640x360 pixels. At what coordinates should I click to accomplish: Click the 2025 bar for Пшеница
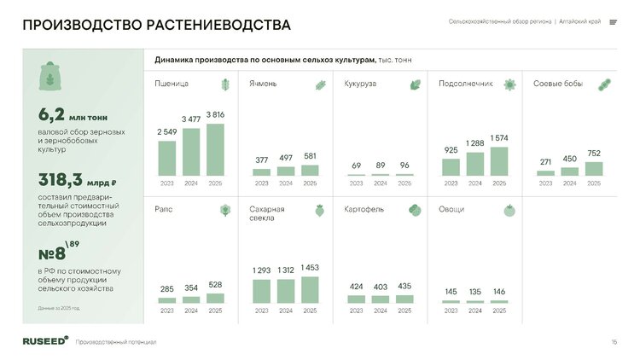coord(215,150)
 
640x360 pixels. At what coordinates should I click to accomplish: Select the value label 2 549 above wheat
coord(167,132)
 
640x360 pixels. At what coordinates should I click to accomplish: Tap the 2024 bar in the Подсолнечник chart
coord(475,164)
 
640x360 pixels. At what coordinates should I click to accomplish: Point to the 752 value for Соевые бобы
coord(594,153)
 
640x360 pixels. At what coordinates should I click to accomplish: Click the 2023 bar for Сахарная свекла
coord(262,292)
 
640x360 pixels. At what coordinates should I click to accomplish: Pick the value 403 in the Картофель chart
coord(381,287)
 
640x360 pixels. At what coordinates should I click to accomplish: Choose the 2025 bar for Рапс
coord(215,299)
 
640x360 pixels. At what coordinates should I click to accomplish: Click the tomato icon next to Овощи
coord(509,210)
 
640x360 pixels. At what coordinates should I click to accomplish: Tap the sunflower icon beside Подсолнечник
coord(509,84)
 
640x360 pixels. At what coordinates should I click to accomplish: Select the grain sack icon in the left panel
coord(50,76)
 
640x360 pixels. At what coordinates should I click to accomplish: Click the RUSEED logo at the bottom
coord(46,341)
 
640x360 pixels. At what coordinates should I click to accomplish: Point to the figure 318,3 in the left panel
coord(61,180)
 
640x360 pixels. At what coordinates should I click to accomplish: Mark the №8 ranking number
coord(52,254)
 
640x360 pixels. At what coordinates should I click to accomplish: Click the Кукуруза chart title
coord(360,84)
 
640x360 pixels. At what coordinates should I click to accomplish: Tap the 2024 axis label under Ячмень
coord(286,183)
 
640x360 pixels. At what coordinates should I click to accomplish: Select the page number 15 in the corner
coord(614,342)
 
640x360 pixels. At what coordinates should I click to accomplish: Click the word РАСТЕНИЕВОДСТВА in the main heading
coord(218,25)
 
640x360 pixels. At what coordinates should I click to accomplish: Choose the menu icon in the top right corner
coord(613,22)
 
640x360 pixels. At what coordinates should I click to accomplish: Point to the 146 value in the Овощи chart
coord(499,292)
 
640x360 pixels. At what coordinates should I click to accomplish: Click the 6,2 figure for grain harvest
coord(51,114)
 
